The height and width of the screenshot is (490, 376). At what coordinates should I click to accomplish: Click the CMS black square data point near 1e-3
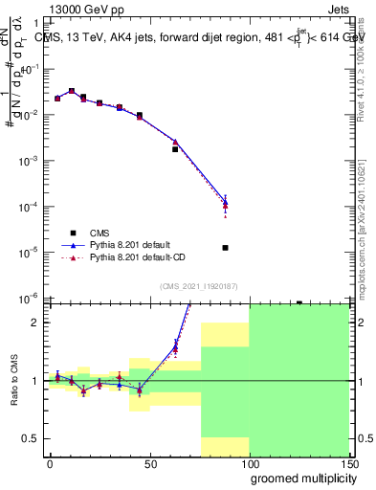(175, 149)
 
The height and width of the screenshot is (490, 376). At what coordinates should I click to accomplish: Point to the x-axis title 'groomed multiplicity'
(299, 479)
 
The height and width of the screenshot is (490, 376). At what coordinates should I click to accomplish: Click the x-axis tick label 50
(149, 463)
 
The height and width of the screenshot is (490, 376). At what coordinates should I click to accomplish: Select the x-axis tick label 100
(249, 463)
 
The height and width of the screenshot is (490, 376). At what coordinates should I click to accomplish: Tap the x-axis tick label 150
(348, 463)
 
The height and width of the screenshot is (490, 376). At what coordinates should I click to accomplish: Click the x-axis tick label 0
(50, 463)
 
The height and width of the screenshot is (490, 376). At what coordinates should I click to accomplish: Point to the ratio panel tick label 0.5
(32, 438)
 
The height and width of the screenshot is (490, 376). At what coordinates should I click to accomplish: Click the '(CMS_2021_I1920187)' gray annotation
(198, 285)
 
